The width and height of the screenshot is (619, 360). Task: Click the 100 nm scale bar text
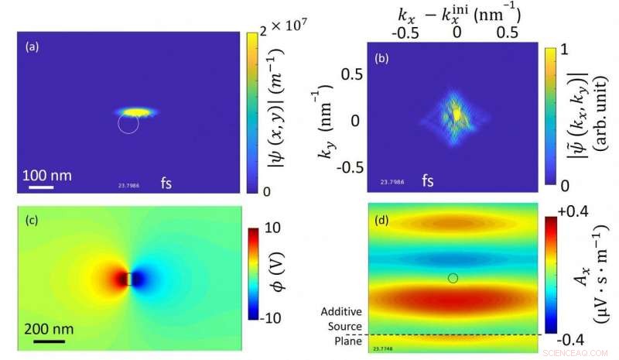coord(46,175)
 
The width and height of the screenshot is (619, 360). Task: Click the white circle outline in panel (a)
coord(128,125)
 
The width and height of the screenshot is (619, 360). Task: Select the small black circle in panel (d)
coord(453,277)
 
